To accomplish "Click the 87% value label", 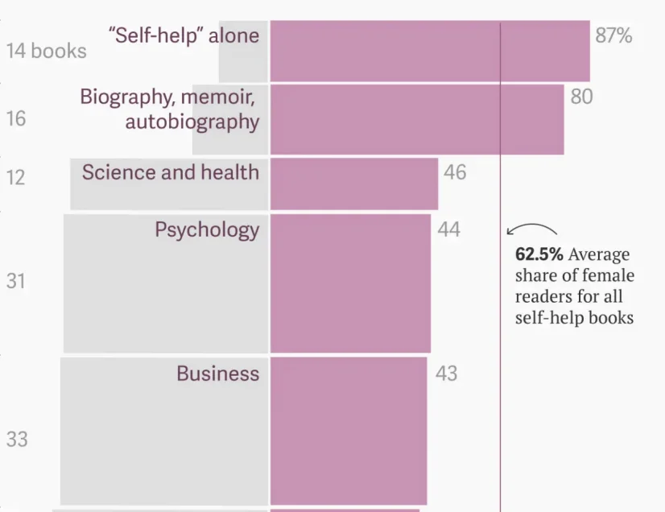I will [x=613, y=35].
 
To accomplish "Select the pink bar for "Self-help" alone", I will [x=429, y=52].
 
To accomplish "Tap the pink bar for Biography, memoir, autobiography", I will [x=416, y=119].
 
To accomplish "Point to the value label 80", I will [x=581, y=97].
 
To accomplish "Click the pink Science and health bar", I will [x=353, y=184].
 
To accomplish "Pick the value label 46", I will [x=455, y=172].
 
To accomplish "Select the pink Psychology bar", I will [x=350, y=283].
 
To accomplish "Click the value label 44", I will [x=448, y=229].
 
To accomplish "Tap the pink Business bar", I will [x=348, y=431].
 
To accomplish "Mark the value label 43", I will [x=446, y=374].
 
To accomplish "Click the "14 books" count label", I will [x=46, y=51].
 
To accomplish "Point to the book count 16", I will [x=16, y=119].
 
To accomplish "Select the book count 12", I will [x=16, y=177].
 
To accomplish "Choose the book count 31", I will [x=16, y=282].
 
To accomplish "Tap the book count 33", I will [x=17, y=440].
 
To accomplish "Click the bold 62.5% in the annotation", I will [x=539, y=254].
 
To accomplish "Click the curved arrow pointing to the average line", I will [x=531, y=228].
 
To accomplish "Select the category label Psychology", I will [x=207, y=229].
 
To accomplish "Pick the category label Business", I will [x=217, y=374].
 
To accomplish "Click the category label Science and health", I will [x=170, y=172].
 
